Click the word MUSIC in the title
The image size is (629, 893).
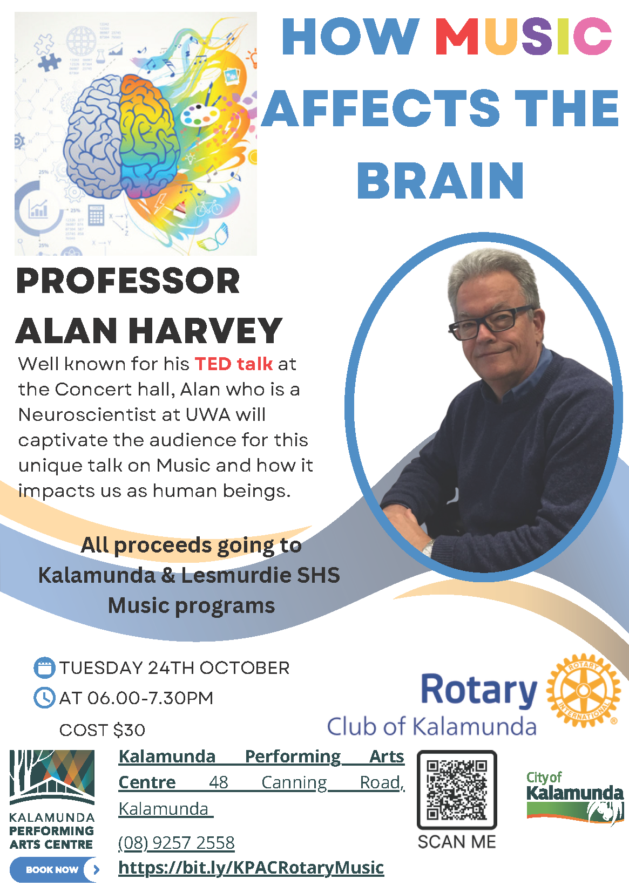(523, 36)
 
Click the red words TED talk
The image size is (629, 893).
(234, 364)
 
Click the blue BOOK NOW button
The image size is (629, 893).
(54, 869)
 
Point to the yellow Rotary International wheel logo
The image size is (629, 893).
(583, 690)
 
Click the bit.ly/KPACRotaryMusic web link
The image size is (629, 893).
(251, 868)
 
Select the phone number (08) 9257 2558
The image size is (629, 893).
(177, 843)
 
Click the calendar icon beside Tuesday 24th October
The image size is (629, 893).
(44, 668)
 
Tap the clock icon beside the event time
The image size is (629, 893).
(44, 698)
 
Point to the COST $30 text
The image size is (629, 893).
(102, 731)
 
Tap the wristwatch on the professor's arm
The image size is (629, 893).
(428, 549)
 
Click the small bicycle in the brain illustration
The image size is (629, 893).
(208, 208)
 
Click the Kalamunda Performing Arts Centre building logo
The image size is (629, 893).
(52, 778)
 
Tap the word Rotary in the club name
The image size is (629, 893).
(479, 690)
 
